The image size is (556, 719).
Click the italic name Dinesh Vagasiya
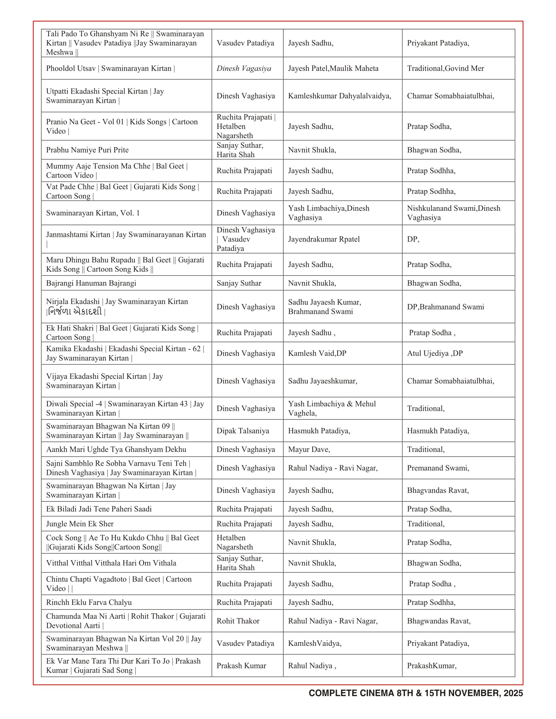click(244, 69)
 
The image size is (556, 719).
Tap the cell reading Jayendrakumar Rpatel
click(324, 239)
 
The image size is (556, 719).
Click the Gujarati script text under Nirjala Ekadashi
click(75, 311)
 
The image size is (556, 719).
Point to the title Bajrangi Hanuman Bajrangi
click(91, 283)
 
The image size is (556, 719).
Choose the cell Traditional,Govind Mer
click(445, 69)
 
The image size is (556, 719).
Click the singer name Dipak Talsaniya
click(243, 431)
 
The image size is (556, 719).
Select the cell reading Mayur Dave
click(309, 449)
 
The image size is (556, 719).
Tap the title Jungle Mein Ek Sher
click(80, 524)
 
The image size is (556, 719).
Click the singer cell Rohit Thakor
click(238, 621)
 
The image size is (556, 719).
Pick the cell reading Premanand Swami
click(438, 468)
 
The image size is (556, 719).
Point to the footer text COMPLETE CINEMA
click(416, 693)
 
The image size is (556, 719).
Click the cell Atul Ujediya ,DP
click(435, 353)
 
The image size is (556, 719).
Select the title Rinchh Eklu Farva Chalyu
click(89, 602)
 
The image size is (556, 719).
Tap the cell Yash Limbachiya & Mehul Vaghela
click(332, 408)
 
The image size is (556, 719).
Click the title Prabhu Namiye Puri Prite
click(87, 150)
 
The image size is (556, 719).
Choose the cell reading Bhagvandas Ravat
click(438, 490)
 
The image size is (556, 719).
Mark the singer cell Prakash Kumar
click(241, 666)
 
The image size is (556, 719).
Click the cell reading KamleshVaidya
click(315, 643)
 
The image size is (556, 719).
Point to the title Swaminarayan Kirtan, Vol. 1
click(93, 213)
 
